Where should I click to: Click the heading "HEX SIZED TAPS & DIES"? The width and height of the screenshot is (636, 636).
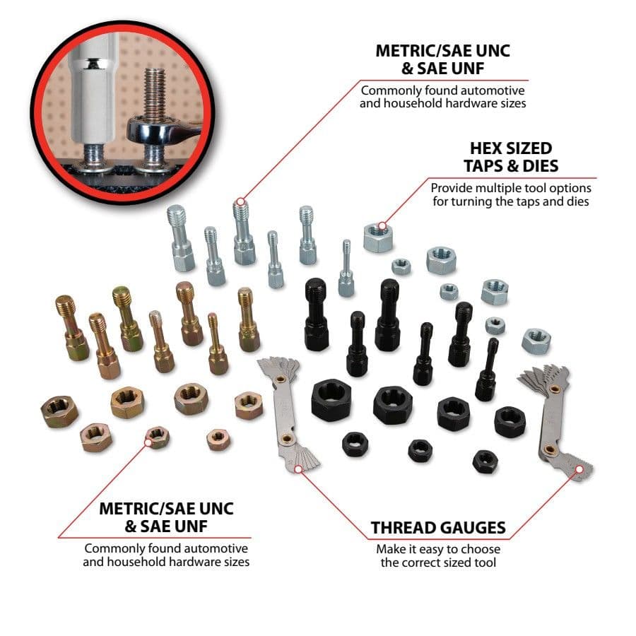coord(511,157)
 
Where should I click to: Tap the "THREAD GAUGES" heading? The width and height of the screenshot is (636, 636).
coord(438,528)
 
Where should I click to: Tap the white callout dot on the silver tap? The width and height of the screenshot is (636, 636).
coord(240,201)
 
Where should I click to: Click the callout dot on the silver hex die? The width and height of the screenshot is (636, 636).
coord(382,226)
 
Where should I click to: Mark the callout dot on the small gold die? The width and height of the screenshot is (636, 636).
coord(148,442)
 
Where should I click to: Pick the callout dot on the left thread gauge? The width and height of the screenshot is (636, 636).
coord(298,469)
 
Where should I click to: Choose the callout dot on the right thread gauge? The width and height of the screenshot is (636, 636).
coord(579,469)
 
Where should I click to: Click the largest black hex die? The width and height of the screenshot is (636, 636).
coord(331,400)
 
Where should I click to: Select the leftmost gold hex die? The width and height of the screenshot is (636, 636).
coord(59,411)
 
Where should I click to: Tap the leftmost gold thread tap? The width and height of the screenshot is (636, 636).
coord(72,327)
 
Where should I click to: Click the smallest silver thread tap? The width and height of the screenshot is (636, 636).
coord(346,268)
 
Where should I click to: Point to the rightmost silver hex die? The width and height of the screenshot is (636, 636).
coord(536,341)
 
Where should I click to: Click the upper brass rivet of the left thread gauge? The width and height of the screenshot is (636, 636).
coord(279,379)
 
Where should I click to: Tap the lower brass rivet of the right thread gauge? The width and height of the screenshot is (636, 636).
coord(550,449)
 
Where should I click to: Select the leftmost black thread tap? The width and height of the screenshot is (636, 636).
coord(316,314)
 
